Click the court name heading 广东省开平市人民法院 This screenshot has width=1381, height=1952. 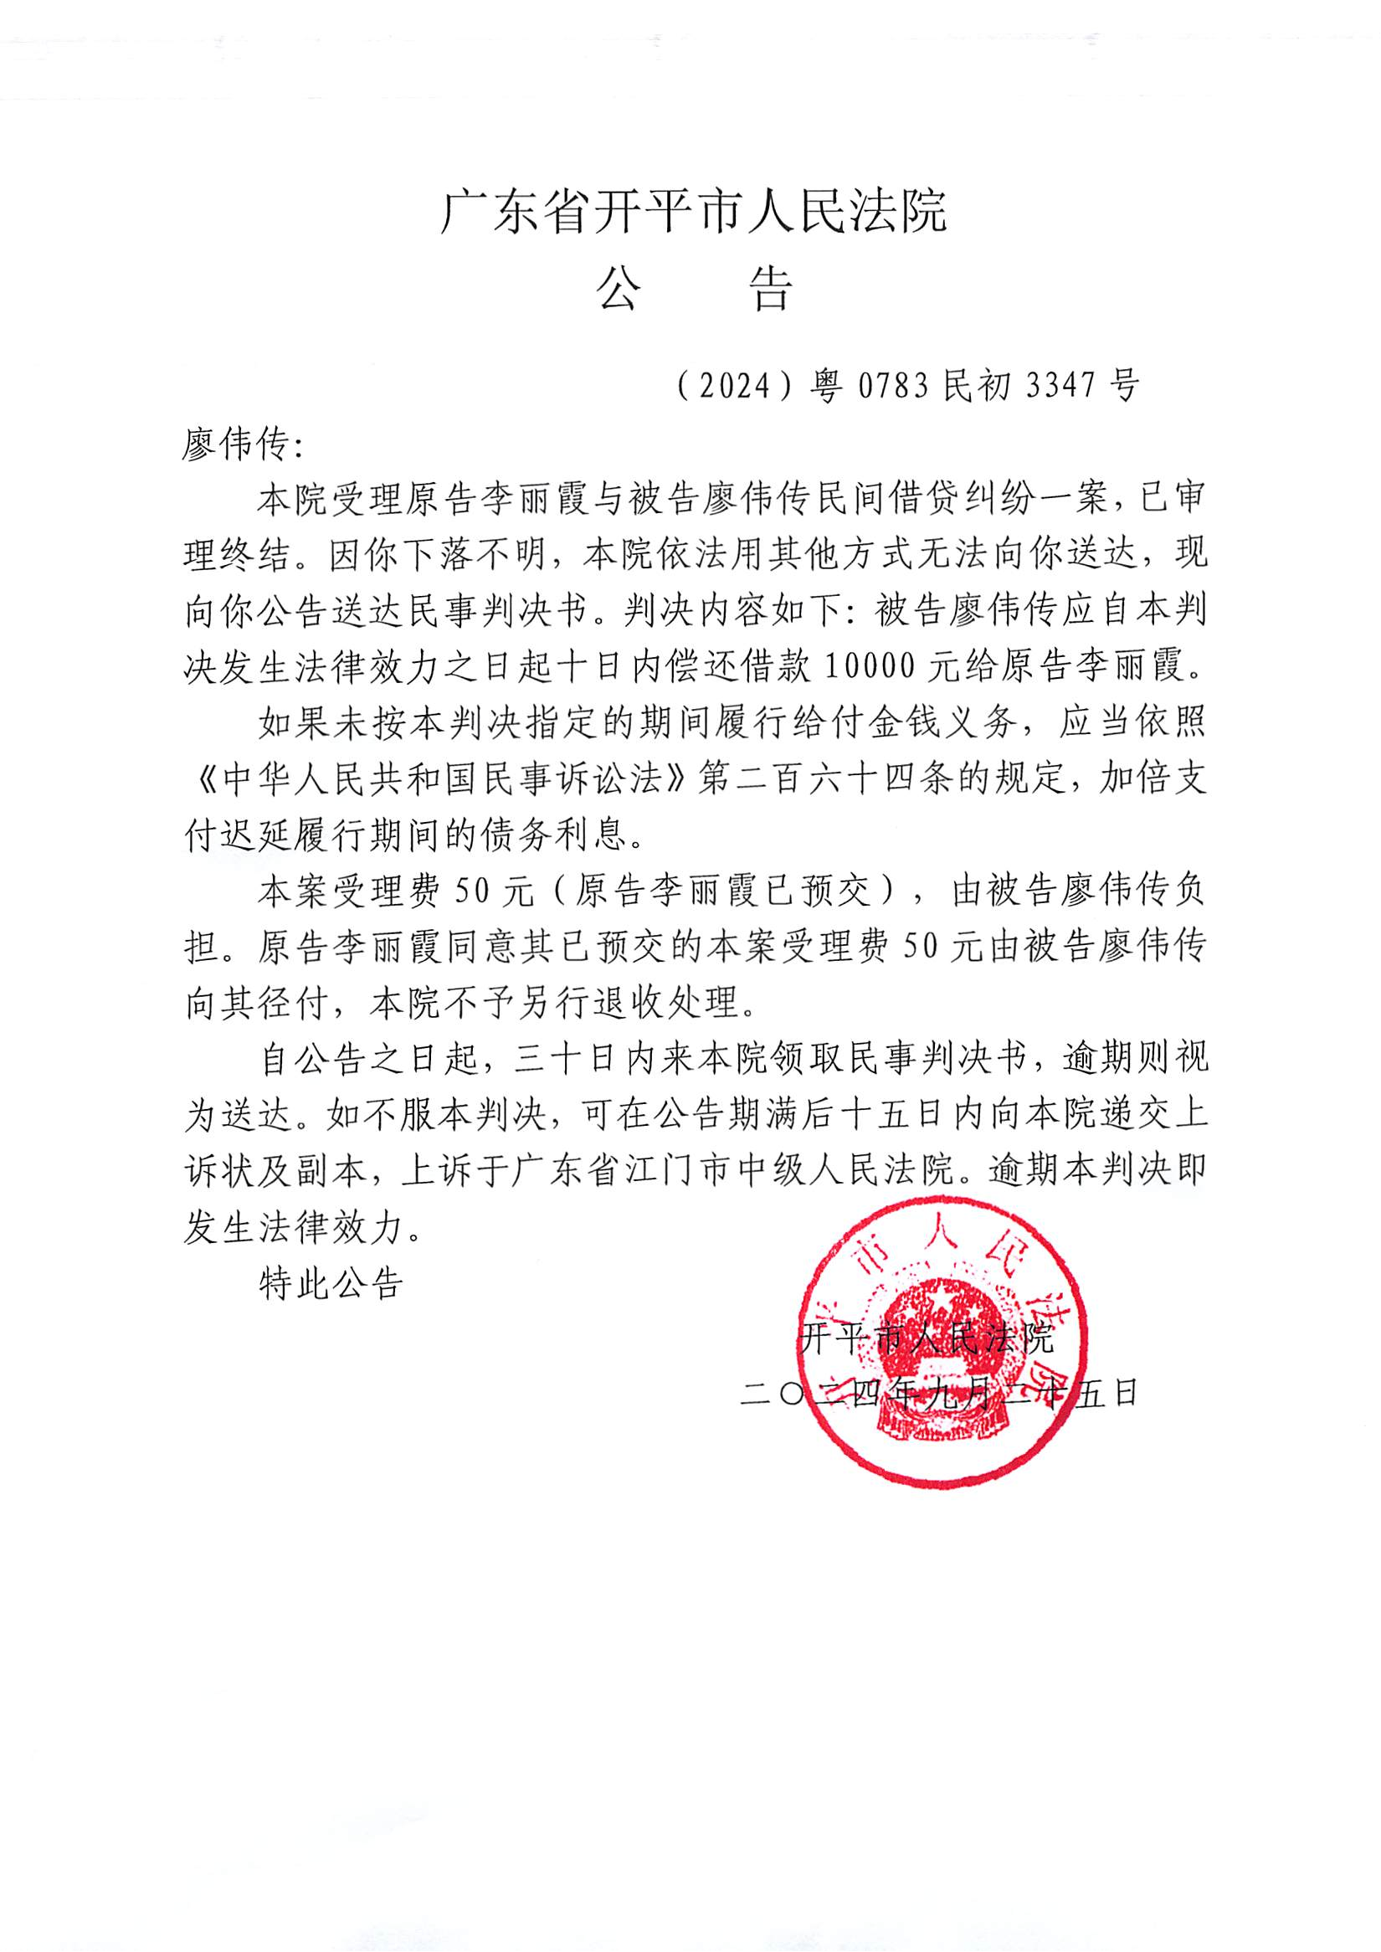click(693, 212)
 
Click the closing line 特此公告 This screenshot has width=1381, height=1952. click(331, 1283)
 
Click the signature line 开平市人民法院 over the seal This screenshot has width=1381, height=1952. click(927, 1338)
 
